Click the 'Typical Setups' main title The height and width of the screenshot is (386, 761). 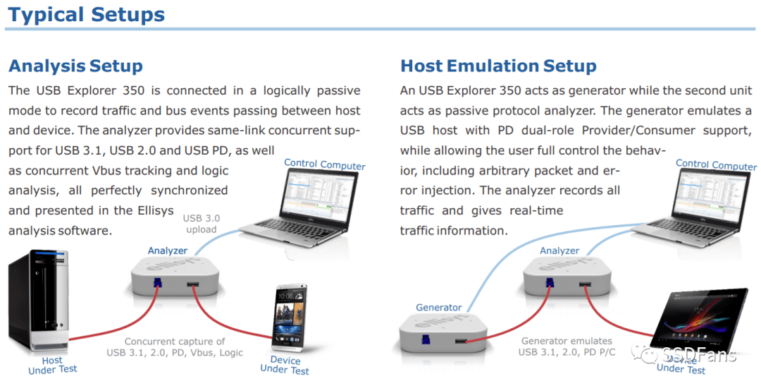(87, 15)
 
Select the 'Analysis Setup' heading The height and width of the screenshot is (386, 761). (75, 66)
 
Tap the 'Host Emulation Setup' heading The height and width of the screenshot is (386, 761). (498, 66)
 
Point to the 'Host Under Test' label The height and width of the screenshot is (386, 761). (52, 365)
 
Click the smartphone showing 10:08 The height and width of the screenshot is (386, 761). (290, 318)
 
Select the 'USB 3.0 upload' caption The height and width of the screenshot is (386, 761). (202, 224)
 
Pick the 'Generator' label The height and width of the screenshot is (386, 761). (439, 307)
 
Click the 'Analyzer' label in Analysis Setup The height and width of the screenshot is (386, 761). (168, 251)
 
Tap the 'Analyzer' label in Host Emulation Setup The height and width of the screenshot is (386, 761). (559, 251)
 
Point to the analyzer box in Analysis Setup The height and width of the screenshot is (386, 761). (175, 277)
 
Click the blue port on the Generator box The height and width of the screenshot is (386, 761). (426, 339)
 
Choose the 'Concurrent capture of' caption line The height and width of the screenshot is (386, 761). (175, 342)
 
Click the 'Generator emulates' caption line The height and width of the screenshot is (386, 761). (567, 341)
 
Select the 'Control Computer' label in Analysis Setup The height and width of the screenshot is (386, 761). (325, 164)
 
